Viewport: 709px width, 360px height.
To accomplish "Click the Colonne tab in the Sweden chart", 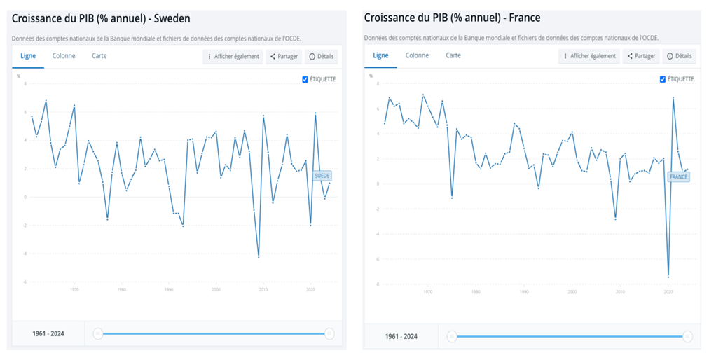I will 64,56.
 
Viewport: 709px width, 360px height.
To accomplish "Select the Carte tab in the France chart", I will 453,55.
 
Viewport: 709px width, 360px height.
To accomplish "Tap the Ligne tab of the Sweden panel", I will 29,56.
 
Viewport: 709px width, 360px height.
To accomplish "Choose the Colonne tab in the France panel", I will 417,55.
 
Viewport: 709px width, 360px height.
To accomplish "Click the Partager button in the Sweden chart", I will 284,57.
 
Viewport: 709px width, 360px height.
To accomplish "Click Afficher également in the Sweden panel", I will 233,57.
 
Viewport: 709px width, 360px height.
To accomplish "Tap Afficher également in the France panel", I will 589,56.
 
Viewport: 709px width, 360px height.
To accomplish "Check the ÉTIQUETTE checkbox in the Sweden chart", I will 305,79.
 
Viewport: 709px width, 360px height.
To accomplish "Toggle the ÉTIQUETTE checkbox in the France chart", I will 663,79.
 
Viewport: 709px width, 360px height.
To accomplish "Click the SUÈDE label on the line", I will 322,176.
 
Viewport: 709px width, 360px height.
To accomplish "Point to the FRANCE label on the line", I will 679,177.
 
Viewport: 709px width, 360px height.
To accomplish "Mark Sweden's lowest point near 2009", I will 259,257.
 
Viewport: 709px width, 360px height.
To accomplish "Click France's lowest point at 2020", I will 668,276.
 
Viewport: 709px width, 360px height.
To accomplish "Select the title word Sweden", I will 173,18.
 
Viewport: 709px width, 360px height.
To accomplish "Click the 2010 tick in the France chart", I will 620,292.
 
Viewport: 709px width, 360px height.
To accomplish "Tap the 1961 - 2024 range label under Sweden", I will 48,334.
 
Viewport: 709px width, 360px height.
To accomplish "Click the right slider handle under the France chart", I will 687,337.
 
